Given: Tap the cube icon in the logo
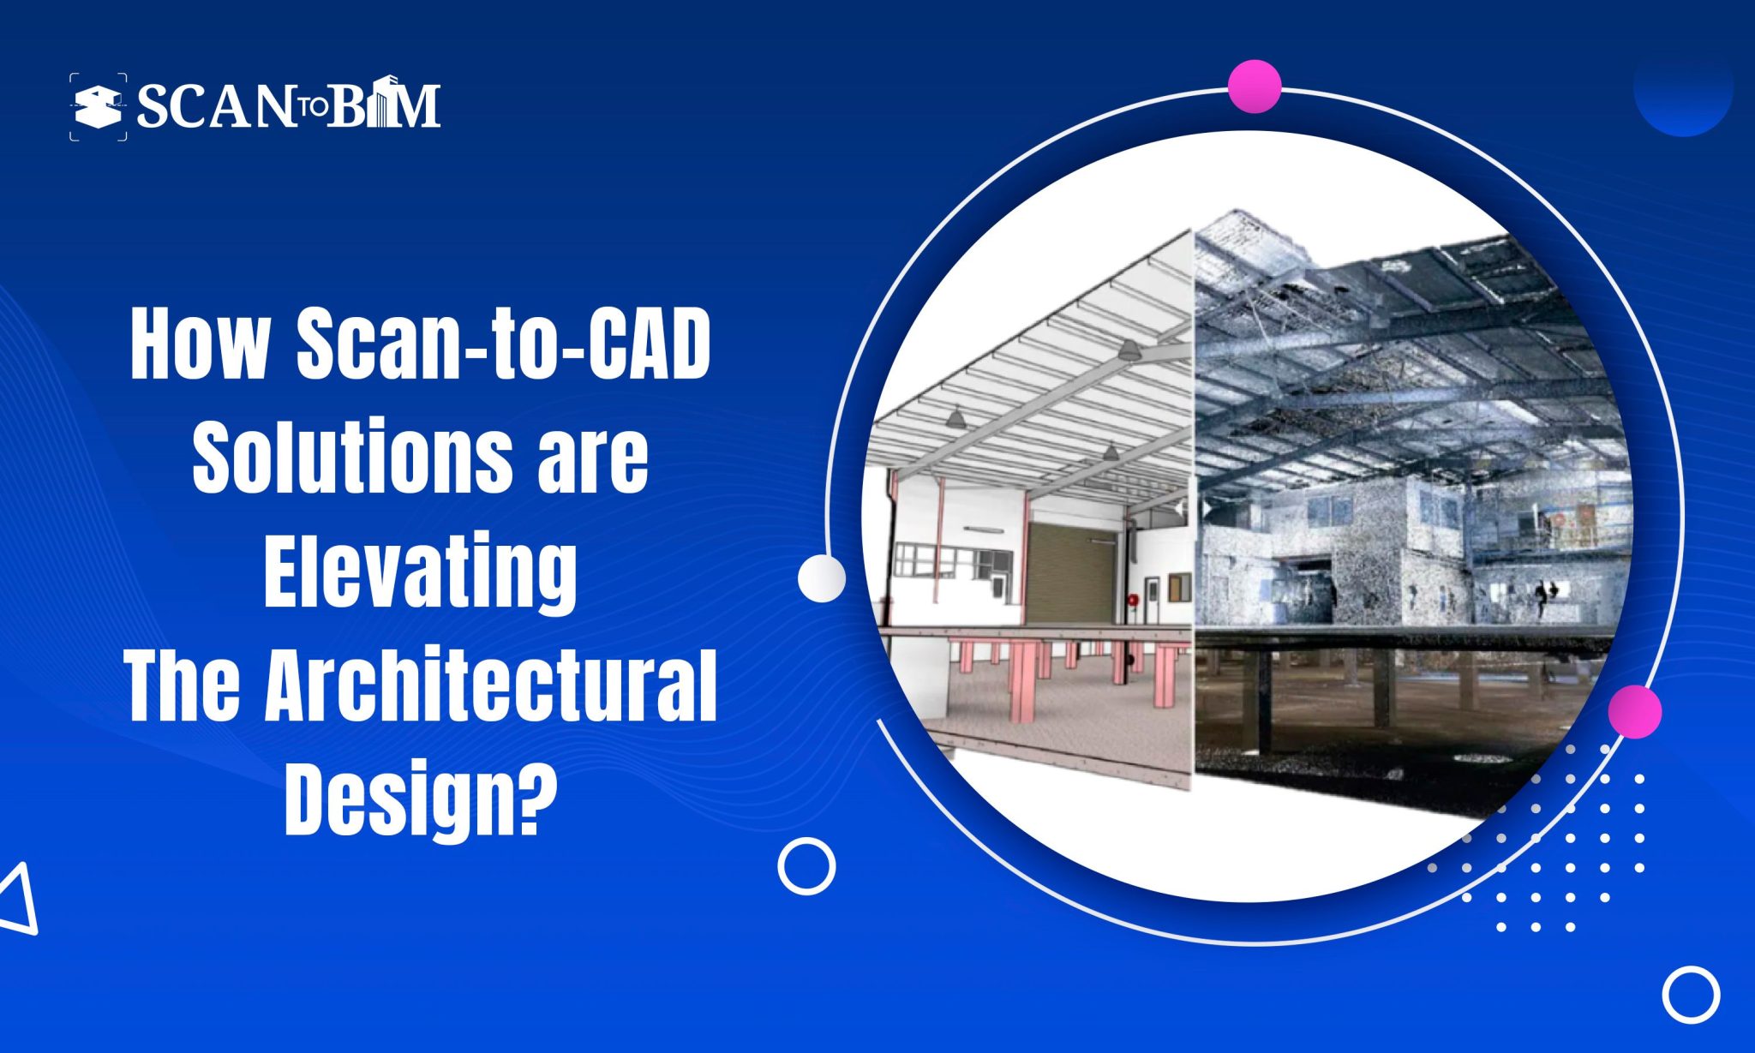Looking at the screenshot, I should click(x=97, y=107).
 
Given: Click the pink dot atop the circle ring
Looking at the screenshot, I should click(x=1254, y=87).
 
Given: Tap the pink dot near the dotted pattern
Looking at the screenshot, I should click(x=1634, y=711).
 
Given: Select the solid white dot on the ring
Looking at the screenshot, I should click(x=821, y=578).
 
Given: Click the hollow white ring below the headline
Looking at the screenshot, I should click(x=806, y=866).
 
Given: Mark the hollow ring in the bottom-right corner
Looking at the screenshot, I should click(x=1691, y=995).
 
